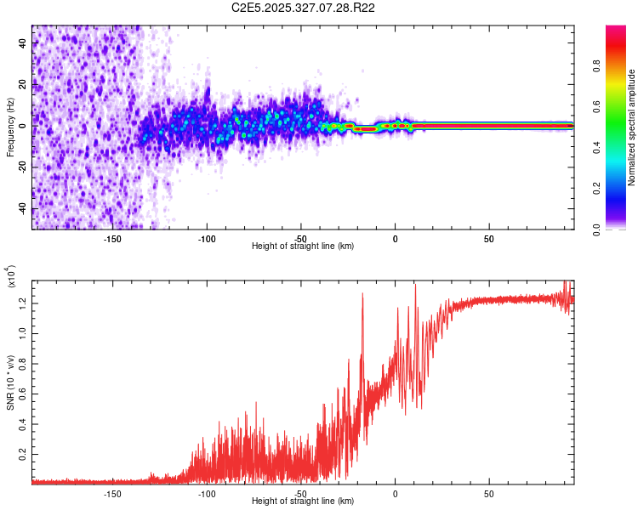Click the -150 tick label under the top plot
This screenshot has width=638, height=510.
click(x=112, y=238)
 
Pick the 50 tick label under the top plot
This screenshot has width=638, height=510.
click(x=489, y=238)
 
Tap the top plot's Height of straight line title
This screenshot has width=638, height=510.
click(x=303, y=246)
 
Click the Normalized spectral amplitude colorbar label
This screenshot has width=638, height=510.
click(x=632, y=128)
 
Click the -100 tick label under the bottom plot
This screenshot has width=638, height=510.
click(x=207, y=493)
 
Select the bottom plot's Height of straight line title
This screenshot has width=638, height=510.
click(x=303, y=501)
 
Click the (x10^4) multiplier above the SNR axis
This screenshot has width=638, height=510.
click(x=11, y=278)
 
